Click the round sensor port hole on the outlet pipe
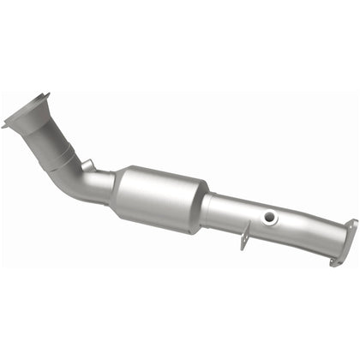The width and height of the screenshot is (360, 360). [x=270, y=218]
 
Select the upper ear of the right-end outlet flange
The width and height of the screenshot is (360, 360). [x=352, y=225]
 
